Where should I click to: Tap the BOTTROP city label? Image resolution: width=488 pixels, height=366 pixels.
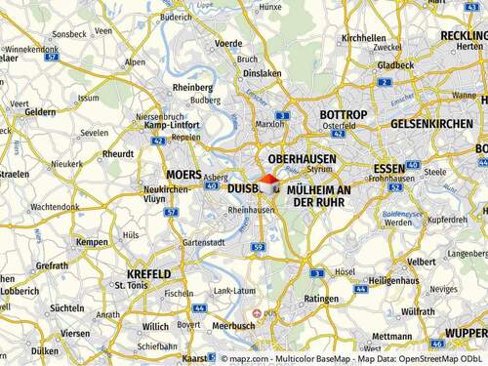tap(343, 115)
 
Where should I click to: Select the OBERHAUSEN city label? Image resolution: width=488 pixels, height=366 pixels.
tap(302, 158)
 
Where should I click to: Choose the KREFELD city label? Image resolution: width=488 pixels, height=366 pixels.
tap(147, 274)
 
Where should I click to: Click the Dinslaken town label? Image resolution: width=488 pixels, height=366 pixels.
tap(263, 73)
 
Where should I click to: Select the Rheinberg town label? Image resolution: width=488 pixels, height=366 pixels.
tap(191, 86)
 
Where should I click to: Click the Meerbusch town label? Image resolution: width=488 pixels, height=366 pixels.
tap(233, 326)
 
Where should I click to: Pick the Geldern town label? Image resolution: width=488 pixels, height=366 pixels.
tap(40, 112)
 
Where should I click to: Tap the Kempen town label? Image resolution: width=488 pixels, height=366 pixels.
tap(92, 241)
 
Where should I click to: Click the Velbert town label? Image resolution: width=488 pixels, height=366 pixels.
tap(422, 262)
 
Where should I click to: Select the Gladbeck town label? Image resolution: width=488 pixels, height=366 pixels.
tap(395, 65)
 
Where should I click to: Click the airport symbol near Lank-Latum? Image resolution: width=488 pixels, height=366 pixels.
tap(258, 313)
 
